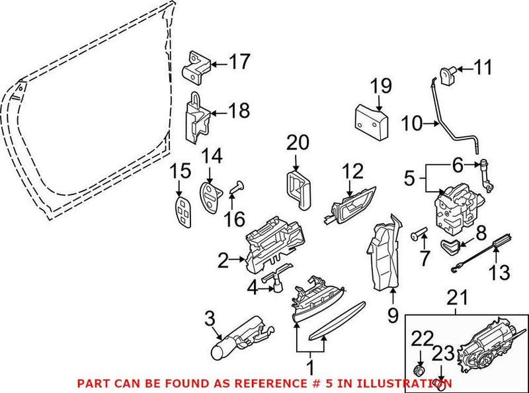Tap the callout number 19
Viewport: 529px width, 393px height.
point(381,86)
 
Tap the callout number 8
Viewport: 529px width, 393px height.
point(480,232)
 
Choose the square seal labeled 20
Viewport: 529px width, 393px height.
point(298,187)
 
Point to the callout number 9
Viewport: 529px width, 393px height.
point(393,316)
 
